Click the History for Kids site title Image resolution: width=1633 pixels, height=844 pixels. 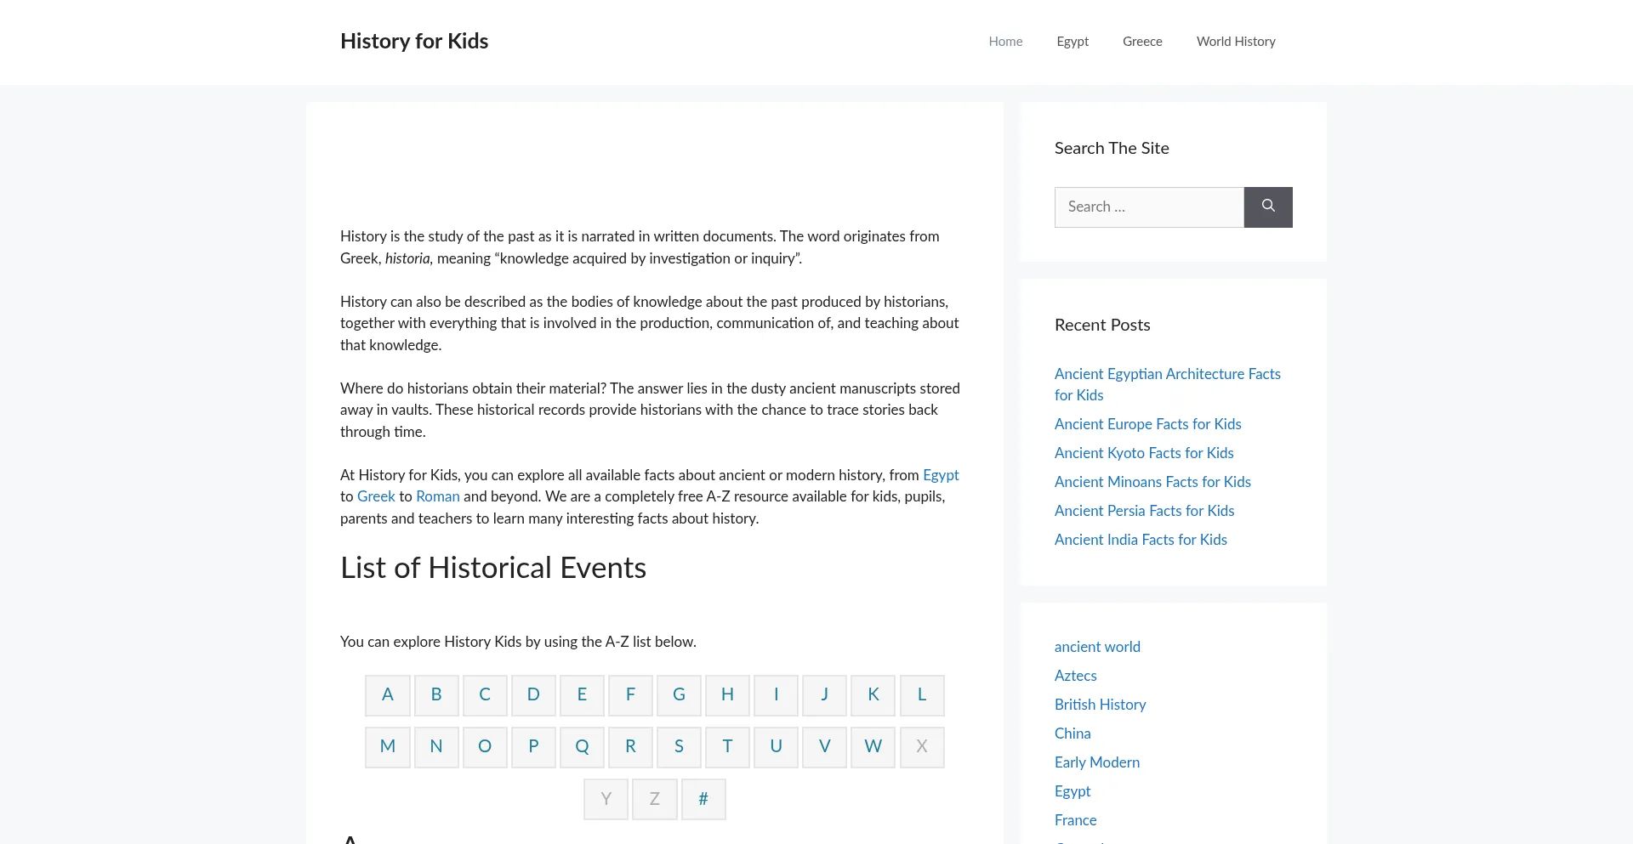(414, 41)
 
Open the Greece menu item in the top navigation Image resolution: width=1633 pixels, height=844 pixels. (1142, 42)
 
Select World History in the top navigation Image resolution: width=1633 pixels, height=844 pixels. (1236, 42)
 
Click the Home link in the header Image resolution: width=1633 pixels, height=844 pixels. (1005, 42)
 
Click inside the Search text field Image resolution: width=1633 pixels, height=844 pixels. (1149, 207)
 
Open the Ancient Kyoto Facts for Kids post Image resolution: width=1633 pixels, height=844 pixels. (1144, 453)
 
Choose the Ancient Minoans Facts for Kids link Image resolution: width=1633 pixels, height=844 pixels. (1152, 482)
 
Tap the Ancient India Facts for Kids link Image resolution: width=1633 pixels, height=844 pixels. (1141, 540)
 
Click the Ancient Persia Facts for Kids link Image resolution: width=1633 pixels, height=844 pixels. (1144, 511)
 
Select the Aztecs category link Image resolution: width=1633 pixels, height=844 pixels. (1075, 676)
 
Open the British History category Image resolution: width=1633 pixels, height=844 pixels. (1100, 705)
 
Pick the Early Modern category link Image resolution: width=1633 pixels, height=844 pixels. (1097, 762)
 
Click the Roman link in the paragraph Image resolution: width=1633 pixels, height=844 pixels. (437, 496)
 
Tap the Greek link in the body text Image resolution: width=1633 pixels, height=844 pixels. (376, 496)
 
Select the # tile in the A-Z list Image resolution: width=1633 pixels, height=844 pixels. (703, 799)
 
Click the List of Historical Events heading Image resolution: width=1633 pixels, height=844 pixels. (493, 568)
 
